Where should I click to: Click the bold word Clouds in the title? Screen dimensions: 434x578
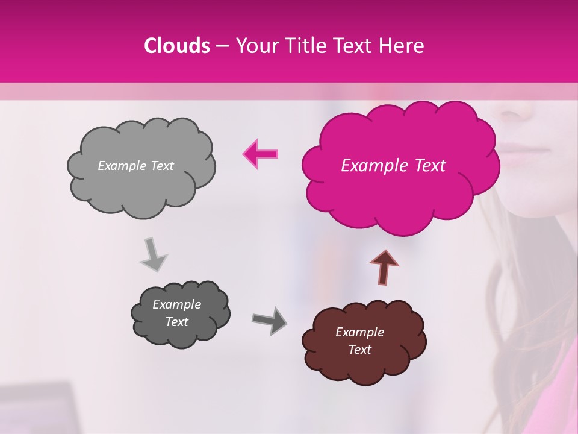(x=177, y=46)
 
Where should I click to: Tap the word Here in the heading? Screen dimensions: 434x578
(x=402, y=46)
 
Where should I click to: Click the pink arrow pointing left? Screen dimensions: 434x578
(x=261, y=154)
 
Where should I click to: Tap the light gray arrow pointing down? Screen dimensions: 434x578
(x=153, y=254)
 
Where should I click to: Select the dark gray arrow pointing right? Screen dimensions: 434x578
(x=269, y=320)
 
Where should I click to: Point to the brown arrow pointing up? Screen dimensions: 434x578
(x=384, y=267)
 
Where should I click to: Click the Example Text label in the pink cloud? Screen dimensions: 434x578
(x=393, y=166)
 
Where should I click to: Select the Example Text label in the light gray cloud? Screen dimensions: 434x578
(x=135, y=166)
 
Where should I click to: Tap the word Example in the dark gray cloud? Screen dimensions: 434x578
(x=176, y=304)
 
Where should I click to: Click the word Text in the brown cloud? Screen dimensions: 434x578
(x=359, y=350)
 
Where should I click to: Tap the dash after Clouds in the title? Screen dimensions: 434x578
(x=222, y=46)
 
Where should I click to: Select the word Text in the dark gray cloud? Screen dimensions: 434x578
(x=176, y=322)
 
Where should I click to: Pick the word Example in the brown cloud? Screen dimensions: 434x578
(x=359, y=332)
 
